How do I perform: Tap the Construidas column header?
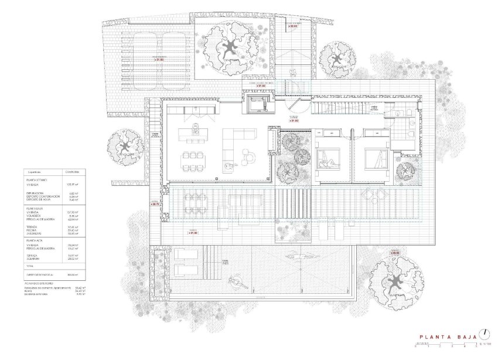click(70, 172)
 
